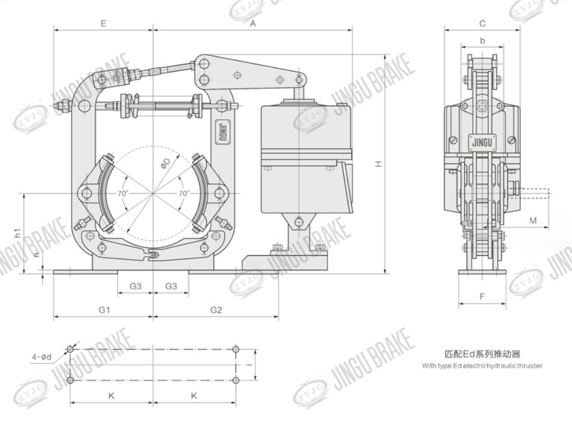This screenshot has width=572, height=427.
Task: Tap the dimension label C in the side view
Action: coord(482,24)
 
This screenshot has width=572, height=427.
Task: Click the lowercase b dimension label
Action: coord(482,41)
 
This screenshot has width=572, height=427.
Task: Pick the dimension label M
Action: coord(533,220)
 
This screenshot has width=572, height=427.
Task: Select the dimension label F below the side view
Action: coord(482,296)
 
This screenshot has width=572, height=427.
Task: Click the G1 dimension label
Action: coord(104,309)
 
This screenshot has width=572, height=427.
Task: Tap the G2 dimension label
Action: coord(216,309)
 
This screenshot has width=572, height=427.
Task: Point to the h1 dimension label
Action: coord(19,231)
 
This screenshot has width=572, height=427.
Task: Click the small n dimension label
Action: coord(35,256)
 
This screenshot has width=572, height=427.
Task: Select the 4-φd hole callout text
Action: coord(42,357)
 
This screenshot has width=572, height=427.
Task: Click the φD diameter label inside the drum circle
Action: coord(165,164)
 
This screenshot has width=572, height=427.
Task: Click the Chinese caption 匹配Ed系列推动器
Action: coord(482,354)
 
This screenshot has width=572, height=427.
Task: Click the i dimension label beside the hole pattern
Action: coord(248,364)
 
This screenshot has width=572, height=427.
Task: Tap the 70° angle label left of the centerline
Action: coord(123,193)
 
